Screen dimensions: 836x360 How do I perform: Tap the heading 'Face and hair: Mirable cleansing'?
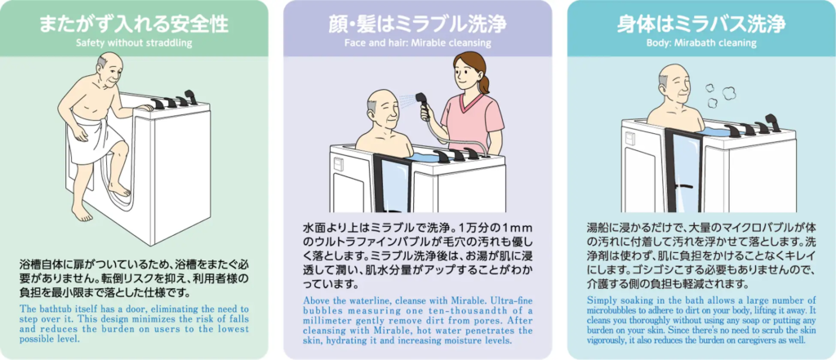coord(417,42)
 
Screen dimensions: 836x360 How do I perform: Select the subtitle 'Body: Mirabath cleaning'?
coord(701,43)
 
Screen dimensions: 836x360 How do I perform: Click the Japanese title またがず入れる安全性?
coord(134,24)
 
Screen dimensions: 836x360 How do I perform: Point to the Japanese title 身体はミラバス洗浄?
coord(701,24)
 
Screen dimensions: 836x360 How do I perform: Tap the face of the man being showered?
coord(386,111)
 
